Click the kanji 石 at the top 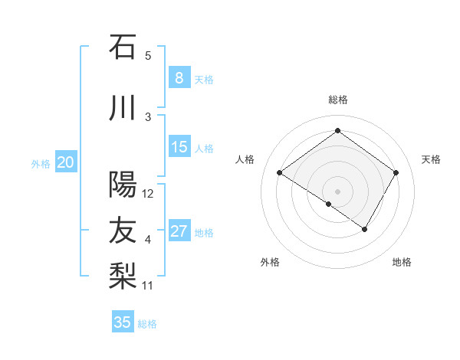pyautogui.click(x=123, y=47)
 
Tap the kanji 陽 pyautogui.click(x=123, y=185)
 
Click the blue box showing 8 pyautogui.click(x=179, y=78)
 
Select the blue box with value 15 pyautogui.click(x=179, y=147)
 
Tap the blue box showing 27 pyautogui.click(x=179, y=231)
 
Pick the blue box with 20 pyautogui.click(x=66, y=162)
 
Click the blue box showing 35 pyautogui.click(x=123, y=322)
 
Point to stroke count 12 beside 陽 pyautogui.click(x=148, y=194)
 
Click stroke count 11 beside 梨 pyautogui.click(x=148, y=286)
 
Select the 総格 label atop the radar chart pyautogui.click(x=337, y=100)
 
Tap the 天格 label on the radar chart pyautogui.click(x=432, y=159)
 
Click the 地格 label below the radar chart pyautogui.click(x=402, y=263)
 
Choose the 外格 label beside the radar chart pyautogui.click(x=270, y=263)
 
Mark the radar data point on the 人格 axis pyautogui.click(x=279, y=173)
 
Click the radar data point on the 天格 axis pyautogui.click(x=396, y=173)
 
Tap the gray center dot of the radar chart pyautogui.click(x=337, y=191)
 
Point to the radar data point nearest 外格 pyautogui.click(x=328, y=204)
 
